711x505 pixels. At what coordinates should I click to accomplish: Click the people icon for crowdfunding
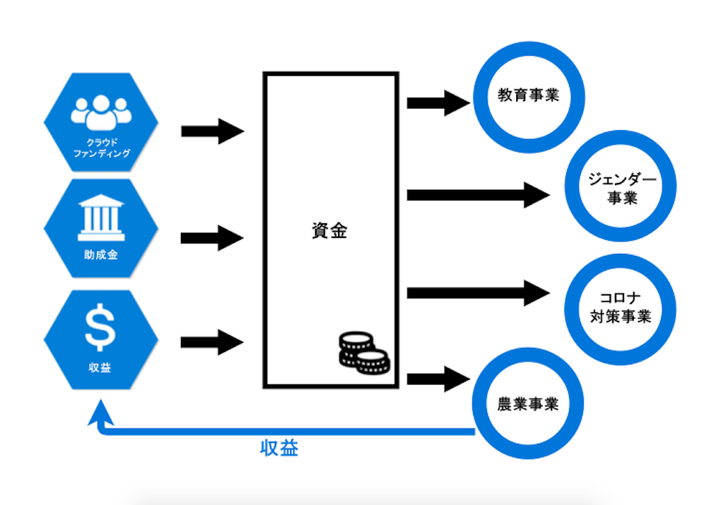pyautogui.click(x=101, y=111)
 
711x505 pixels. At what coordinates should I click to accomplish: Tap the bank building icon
pyautogui.click(x=101, y=216)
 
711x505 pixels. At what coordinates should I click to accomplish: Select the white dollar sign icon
pyautogui.click(x=101, y=328)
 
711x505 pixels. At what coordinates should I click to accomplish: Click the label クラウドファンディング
pyautogui.click(x=102, y=147)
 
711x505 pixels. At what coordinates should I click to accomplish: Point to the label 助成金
pyautogui.click(x=101, y=255)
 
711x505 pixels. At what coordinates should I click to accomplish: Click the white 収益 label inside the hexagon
pyautogui.click(x=101, y=367)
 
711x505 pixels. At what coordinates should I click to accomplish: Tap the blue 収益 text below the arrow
pyautogui.click(x=279, y=449)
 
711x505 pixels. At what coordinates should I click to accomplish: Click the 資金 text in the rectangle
pyautogui.click(x=330, y=231)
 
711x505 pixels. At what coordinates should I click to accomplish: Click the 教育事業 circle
pyautogui.click(x=528, y=96)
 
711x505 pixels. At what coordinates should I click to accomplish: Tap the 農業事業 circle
pyautogui.click(x=528, y=404)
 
